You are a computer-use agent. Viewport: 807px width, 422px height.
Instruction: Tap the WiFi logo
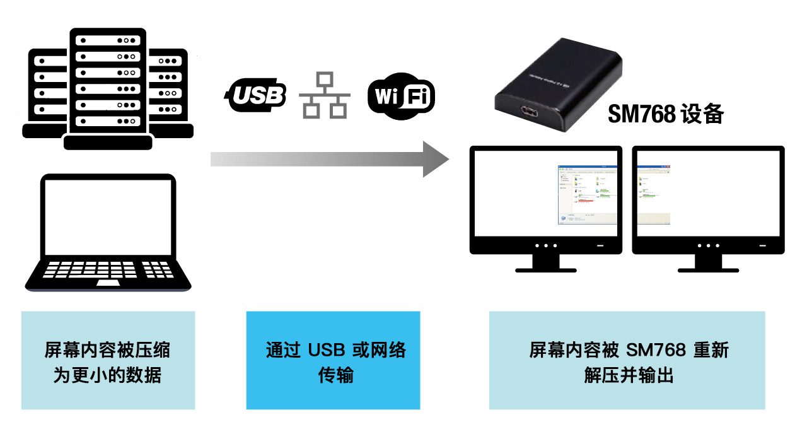click(x=401, y=98)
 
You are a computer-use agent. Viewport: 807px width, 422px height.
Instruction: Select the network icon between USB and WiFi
click(x=325, y=95)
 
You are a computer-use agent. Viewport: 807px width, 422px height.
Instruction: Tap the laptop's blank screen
click(x=108, y=215)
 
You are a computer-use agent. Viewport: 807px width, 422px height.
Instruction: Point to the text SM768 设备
click(x=665, y=114)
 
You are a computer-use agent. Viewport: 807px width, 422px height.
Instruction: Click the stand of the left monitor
click(x=546, y=263)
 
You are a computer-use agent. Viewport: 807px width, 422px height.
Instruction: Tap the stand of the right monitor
click(x=708, y=263)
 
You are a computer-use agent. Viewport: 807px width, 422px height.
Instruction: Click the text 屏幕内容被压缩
click(x=108, y=350)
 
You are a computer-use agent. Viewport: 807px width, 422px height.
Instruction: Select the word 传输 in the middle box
click(x=335, y=376)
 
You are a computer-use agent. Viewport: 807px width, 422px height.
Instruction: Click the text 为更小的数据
click(x=108, y=376)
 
